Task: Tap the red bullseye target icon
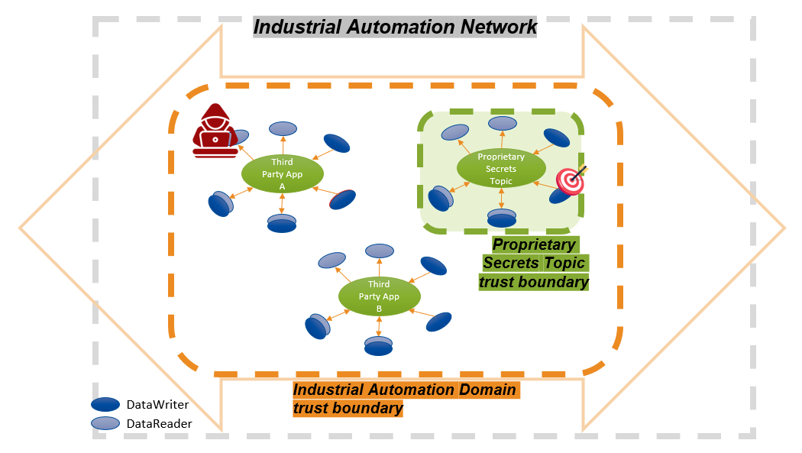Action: click(x=571, y=180)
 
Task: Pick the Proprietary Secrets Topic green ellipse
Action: click(x=500, y=169)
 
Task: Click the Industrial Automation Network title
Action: click(x=395, y=28)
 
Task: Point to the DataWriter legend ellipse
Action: click(x=105, y=405)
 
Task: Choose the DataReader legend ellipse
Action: click(x=105, y=423)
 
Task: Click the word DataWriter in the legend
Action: click(x=157, y=405)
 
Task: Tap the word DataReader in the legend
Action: click(x=159, y=423)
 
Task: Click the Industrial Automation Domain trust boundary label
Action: click(x=405, y=399)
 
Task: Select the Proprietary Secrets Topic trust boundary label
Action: click(x=535, y=264)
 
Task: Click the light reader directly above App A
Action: click(x=283, y=128)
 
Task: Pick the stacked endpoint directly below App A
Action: click(x=282, y=223)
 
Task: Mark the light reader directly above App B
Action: click(x=380, y=251)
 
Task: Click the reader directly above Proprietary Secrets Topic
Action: click(x=501, y=123)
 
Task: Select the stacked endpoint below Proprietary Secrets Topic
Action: click(x=501, y=218)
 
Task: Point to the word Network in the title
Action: click(x=499, y=28)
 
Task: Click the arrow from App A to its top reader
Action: click(x=283, y=147)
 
